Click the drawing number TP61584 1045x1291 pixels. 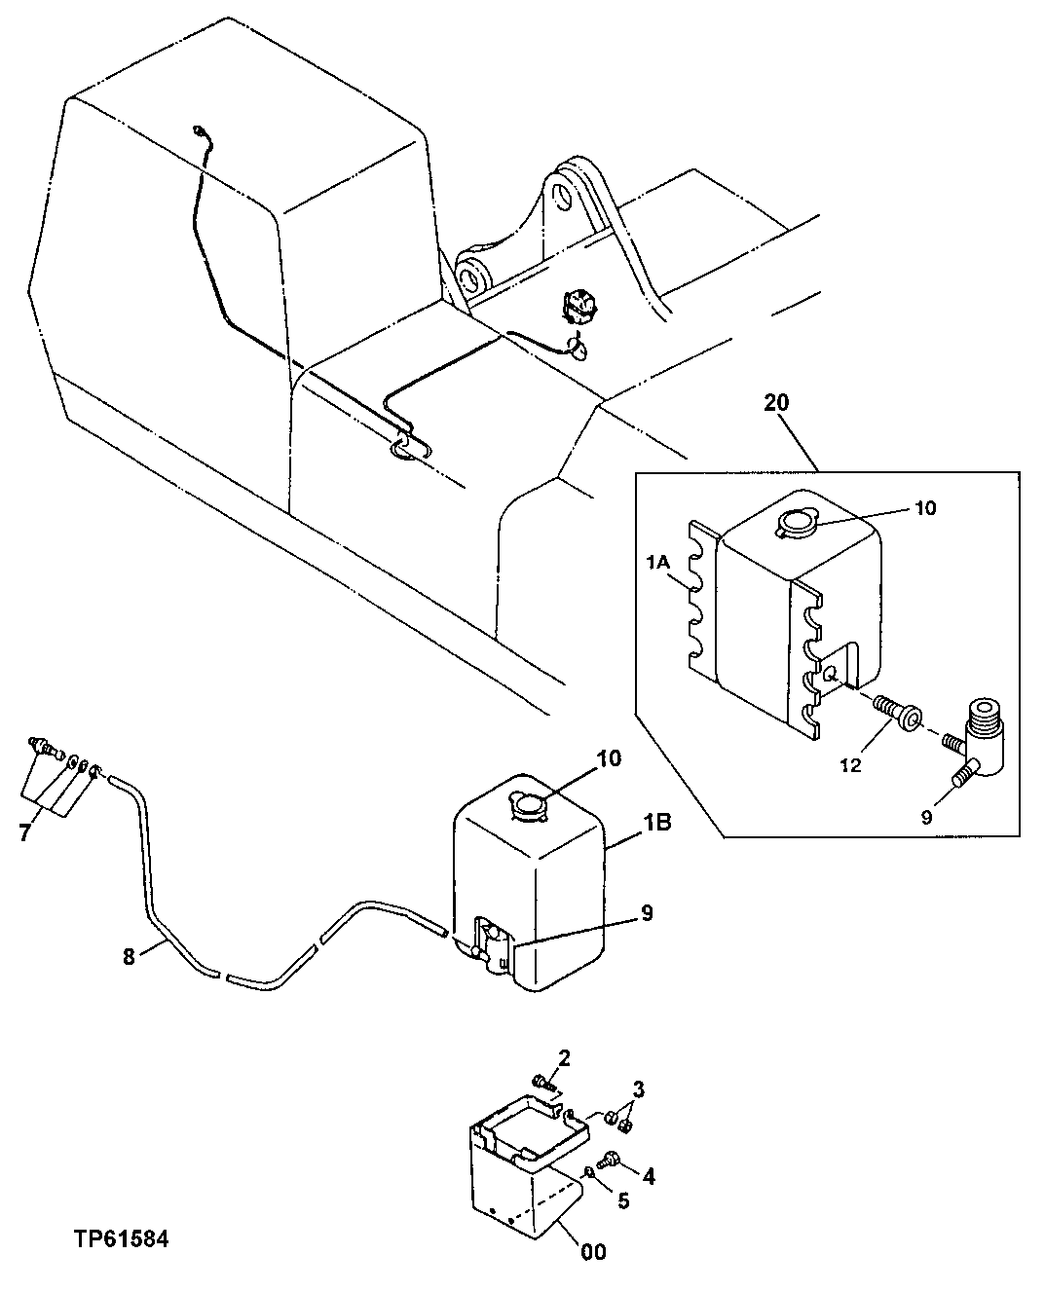pyautogui.click(x=121, y=1239)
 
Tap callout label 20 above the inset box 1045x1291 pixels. pyautogui.click(x=777, y=402)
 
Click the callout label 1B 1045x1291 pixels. pyautogui.click(x=655, y=823)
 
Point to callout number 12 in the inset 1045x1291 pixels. pyautogui.click(x=850, y=766)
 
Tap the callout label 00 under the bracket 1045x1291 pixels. pyautogui.click(x=593, y=1251)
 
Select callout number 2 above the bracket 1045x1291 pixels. pyautogui.click(x=564, y=1057)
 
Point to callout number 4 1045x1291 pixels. pyautogui.click(x=648, y=1176)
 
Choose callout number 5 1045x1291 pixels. pyautogui.click(x=622, y=1200)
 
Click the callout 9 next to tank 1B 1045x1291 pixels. pyautogui.click(x=648, y=913)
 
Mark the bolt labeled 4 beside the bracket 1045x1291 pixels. pyautogui.click(x=611, y=1159)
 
